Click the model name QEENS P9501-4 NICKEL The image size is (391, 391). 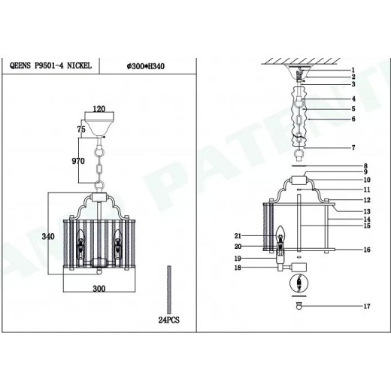click(50, 66)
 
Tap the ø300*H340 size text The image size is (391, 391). click(146, 66)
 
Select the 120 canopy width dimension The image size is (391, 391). click(99, 109)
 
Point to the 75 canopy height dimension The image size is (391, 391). click(81, 129)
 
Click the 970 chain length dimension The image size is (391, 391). click(78, 161)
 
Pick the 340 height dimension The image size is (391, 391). click(48, 236)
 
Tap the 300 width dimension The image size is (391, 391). click(99, 289)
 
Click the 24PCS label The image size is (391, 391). click(169, 320)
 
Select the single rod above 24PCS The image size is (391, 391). click(169, 289)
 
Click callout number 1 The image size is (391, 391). click(353, 70)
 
